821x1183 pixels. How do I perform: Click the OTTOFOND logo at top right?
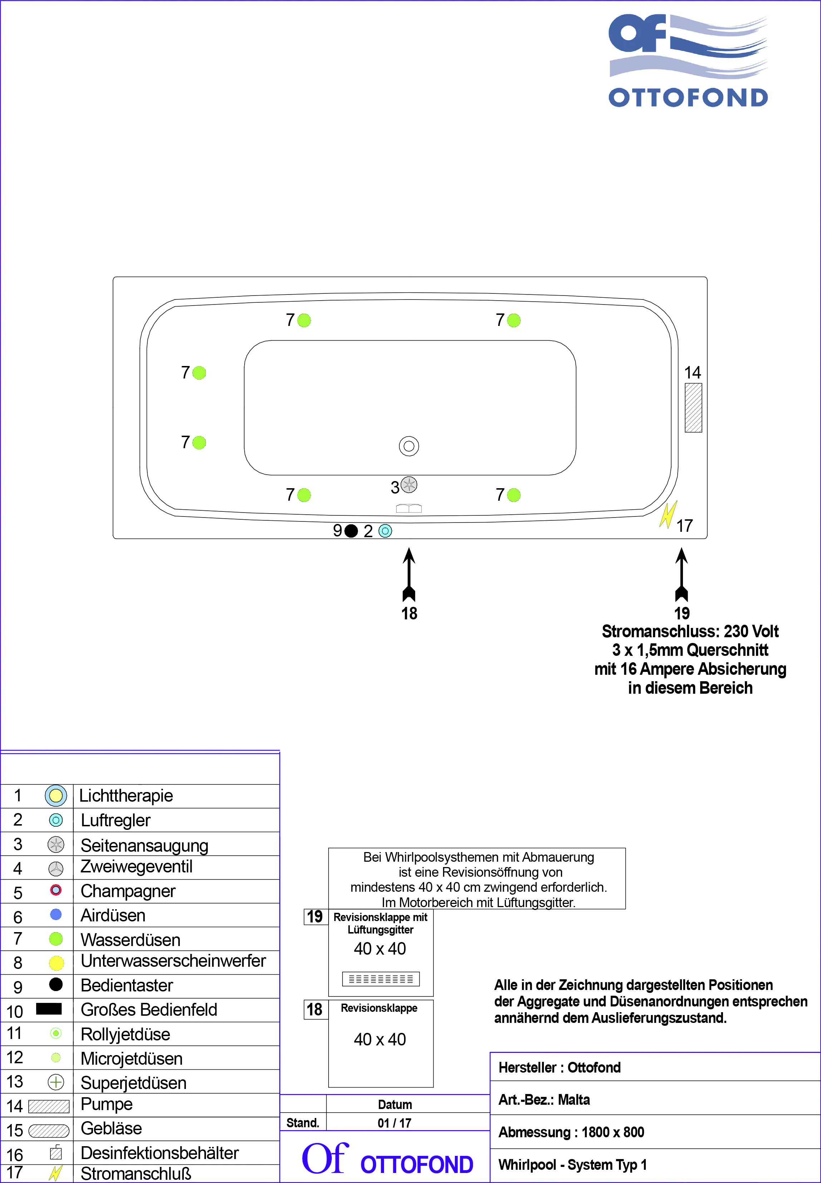[688, 61]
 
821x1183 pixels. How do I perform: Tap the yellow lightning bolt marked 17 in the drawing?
[668, 515]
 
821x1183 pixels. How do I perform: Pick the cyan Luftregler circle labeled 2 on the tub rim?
[385, 531]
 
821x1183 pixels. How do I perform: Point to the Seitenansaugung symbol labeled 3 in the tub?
[409, 484]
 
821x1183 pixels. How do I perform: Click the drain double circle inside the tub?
[409, 446]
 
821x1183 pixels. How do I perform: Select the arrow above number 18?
[409, 573]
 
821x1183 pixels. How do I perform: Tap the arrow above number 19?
[682, 573]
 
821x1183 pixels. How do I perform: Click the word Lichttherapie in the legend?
[126, 795]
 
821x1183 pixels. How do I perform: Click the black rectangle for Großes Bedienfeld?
[49, 1008]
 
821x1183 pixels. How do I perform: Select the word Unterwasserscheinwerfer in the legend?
[173, 960]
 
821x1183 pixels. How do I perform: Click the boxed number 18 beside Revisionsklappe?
[314, 1009]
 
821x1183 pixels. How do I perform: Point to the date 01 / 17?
[394, 1123]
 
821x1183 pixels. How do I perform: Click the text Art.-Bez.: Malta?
[544, 1099]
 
